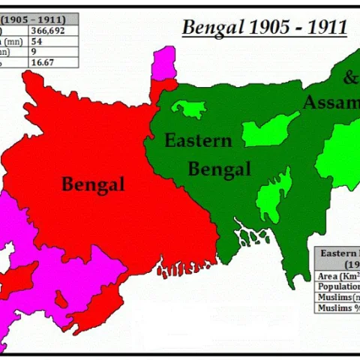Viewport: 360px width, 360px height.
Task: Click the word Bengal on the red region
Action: (x=93, y=184)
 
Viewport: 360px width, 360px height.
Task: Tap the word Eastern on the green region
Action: (x=198, y=140)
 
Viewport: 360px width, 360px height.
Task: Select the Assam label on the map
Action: (x=330, y=103)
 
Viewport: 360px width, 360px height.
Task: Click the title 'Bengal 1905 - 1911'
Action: (x=264, y=28)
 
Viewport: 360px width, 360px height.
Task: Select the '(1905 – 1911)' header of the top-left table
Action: (x=33, y=18)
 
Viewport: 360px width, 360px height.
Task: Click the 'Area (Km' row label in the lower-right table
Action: (x=337, y=276)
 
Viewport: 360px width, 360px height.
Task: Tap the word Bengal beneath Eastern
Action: (x=219, y=169)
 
